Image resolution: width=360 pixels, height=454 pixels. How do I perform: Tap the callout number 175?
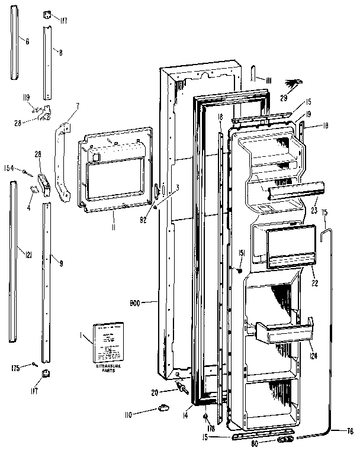click(x=17, y=368)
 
